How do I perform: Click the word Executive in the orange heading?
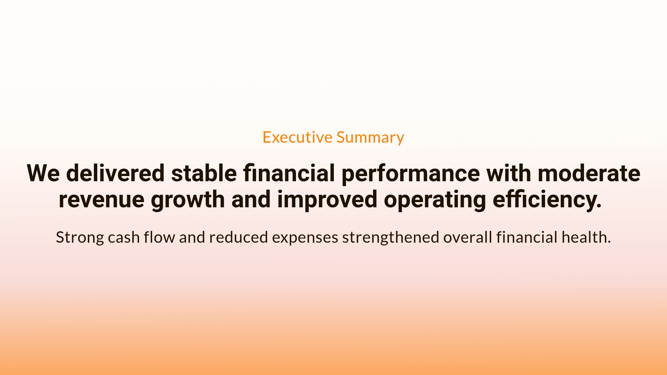click(297, 137)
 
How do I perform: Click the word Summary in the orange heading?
click(370, 137)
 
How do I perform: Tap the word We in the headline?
click(43, 173)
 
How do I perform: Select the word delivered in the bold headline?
click(115, 173)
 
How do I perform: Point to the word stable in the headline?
click(204, 173)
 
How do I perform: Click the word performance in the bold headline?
click(411, 173)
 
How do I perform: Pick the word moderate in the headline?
click(589, 173)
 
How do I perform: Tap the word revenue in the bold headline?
click(101, 200)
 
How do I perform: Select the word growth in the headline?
click(188, 200)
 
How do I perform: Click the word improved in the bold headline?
click(327, 200)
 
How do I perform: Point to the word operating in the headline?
click(435, 200)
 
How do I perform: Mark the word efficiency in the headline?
click(547, 200)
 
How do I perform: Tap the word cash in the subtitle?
click(124, 237)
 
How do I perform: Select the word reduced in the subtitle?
click(238, 237)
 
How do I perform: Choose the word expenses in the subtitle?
click(305, 237)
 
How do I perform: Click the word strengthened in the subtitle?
click(390, 237)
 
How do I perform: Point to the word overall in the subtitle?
click(468, 237)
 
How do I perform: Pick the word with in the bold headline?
click(509, 173)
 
